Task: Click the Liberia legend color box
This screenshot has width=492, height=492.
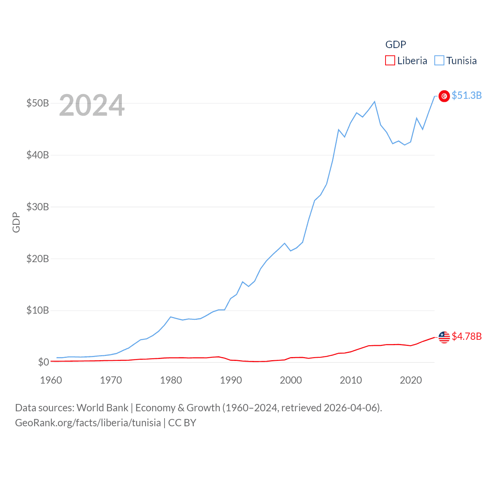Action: tap(390, 61)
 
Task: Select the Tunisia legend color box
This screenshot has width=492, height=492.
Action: tap(439, 61)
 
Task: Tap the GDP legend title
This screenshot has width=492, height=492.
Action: tap(396, 45)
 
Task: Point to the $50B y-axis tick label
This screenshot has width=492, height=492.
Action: tap(38, 103)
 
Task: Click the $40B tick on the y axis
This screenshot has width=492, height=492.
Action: tap(38, 155)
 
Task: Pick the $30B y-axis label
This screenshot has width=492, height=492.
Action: tap(38, 207)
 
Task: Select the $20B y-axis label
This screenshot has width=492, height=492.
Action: tap(38, 259)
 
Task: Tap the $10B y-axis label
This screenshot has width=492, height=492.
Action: tap(38, 311)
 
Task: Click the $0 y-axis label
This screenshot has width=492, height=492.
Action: tap(43, 362)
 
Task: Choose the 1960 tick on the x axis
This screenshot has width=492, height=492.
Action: tap(51, 380)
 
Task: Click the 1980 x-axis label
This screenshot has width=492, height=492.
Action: tap(171, 380)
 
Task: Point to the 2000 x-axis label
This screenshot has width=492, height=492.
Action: tap(291, 380)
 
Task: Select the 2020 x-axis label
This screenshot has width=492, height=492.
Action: tap(411, 380)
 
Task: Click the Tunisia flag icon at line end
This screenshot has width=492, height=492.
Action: tap(444, 96)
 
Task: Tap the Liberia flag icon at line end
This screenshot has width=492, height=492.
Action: tap(444, 337)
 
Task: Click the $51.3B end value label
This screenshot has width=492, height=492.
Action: tap(467, 95)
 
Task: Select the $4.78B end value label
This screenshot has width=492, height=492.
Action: tap(467, 337)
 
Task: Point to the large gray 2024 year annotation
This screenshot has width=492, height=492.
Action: tap(92, 105)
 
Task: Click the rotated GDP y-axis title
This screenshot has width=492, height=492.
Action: tap(16, 222)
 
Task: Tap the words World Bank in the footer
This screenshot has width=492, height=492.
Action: tap(102, 408)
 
